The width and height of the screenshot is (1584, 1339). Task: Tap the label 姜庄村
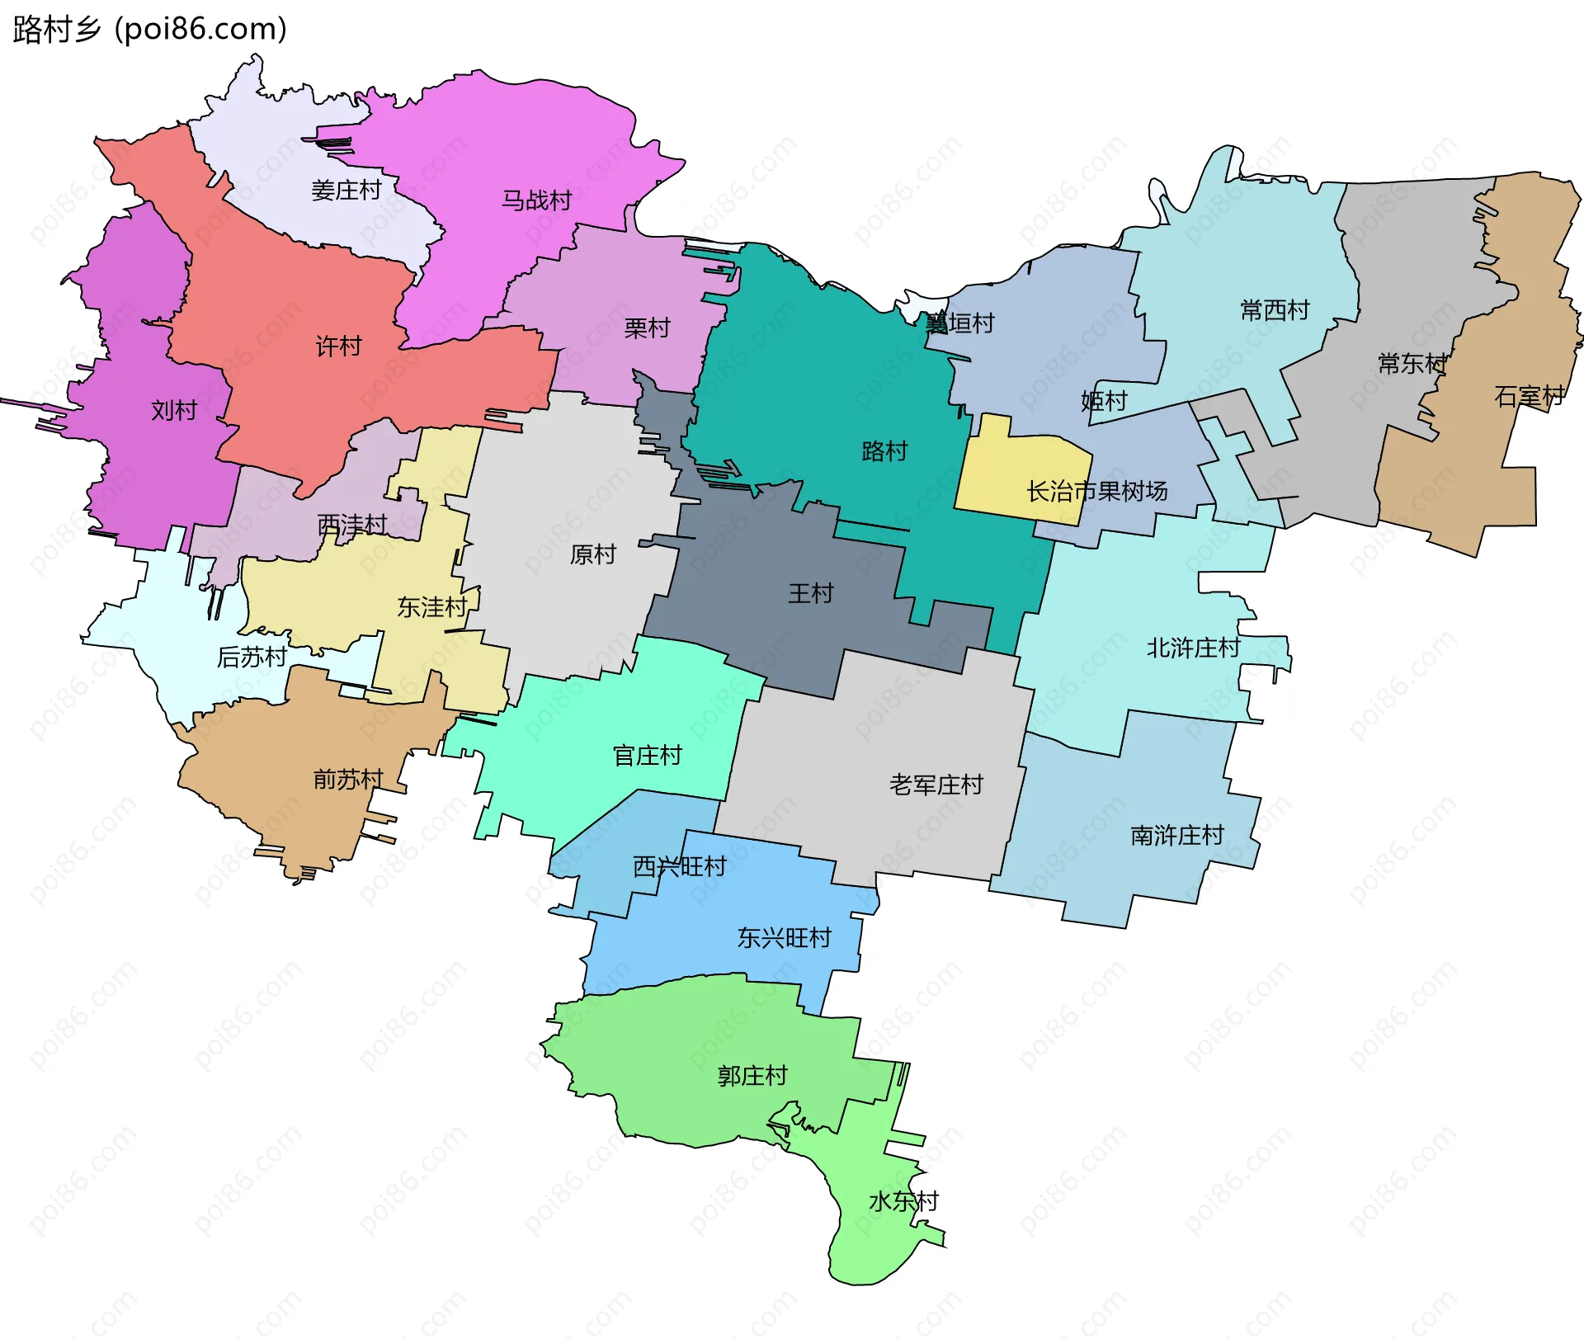coord(346,191)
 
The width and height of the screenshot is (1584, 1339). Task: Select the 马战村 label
coord(536,200)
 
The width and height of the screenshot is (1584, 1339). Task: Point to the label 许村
coord(338,347)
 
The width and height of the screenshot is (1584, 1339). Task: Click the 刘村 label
coord(174,410)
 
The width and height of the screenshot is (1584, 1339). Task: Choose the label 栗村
coord(647,328)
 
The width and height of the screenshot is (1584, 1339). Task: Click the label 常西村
coord(1275,311)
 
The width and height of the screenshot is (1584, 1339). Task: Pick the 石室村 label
coord(1529,397)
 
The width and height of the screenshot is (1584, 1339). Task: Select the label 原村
coord(592,554)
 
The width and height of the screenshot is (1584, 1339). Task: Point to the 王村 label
coord(810,593)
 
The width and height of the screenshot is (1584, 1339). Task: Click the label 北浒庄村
coord(1193,648)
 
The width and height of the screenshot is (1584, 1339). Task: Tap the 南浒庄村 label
coord(1176,836)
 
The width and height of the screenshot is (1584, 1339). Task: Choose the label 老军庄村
coord(936,785)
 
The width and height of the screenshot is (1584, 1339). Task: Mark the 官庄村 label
coord(647,756)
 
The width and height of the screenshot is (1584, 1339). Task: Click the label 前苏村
coord(348,780)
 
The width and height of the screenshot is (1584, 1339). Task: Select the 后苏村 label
coord(252,658)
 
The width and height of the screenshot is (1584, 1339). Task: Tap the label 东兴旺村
coord(784,938)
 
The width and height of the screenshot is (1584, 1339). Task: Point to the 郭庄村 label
coord(752,1076)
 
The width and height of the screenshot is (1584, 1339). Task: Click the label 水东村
coord(903,1201)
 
